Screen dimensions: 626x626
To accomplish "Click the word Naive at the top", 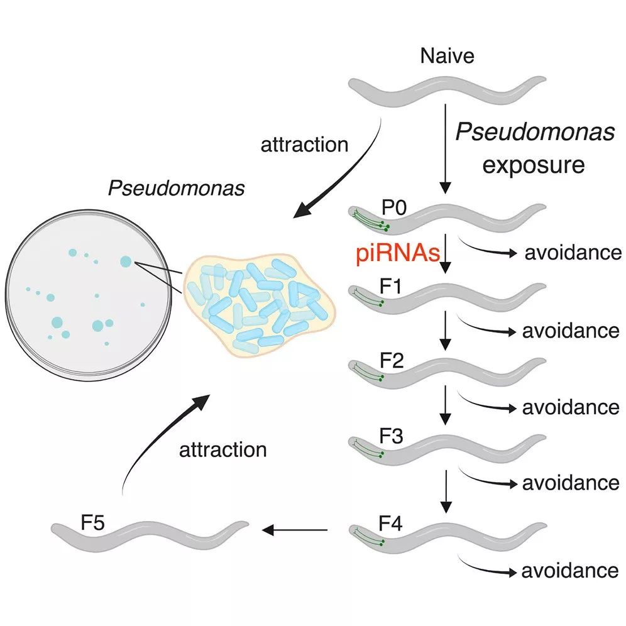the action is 447,55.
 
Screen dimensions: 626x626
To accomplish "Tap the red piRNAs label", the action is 398,253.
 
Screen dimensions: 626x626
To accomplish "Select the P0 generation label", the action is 393,207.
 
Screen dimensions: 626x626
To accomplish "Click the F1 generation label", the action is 390,286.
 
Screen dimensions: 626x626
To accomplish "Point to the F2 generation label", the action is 391,361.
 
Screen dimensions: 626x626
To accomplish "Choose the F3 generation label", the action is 391,436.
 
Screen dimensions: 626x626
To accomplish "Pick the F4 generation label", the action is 390,523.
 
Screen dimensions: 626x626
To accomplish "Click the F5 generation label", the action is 92,522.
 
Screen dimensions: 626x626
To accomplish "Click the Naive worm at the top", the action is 447,91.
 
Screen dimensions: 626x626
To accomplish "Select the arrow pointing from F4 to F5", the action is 295,530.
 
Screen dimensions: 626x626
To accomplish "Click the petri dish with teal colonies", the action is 89,295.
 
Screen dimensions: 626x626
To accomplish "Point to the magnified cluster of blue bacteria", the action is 260,305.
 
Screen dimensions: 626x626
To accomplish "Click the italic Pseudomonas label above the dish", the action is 176,188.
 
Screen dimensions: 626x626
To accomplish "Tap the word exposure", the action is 534,165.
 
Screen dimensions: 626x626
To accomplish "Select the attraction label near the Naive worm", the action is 304,145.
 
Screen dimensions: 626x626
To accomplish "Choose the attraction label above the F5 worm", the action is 222,449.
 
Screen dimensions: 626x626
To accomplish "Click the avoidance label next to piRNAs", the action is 573,252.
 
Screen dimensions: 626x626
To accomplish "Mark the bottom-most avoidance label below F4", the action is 570,571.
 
